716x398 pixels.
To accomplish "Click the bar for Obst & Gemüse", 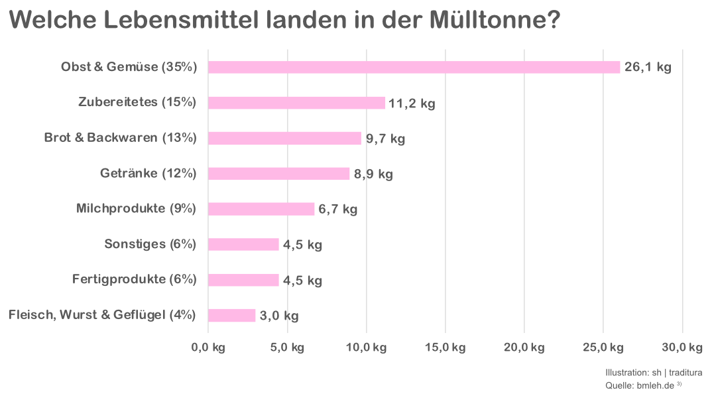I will tap(414, 67).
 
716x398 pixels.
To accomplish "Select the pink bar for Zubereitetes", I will tap(296, 103).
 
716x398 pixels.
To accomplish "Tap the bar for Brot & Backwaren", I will tap(284, 138).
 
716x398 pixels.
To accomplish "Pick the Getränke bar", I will tap(278, 174).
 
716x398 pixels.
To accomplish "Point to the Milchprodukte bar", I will tap(261, 209).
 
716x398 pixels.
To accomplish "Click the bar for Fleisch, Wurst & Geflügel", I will tap(231, 316).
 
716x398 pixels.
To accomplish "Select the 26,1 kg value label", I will tap(648, 68).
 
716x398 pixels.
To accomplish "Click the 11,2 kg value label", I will tap(412, 103).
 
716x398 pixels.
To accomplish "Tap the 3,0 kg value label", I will tap(279, 316).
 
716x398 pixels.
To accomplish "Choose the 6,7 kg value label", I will tap(338, 210).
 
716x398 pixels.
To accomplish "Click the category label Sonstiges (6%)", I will tap(150, 244).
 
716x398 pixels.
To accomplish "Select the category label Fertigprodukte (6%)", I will tap(135, 279).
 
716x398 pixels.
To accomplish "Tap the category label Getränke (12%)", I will tap(149, 173).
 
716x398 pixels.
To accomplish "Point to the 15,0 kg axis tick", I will tap(445, 348).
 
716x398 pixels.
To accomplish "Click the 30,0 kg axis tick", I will tap(682, 348).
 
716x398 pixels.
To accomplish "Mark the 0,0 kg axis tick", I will tap(208, 348).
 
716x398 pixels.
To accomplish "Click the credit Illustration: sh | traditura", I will tap(654, 373).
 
